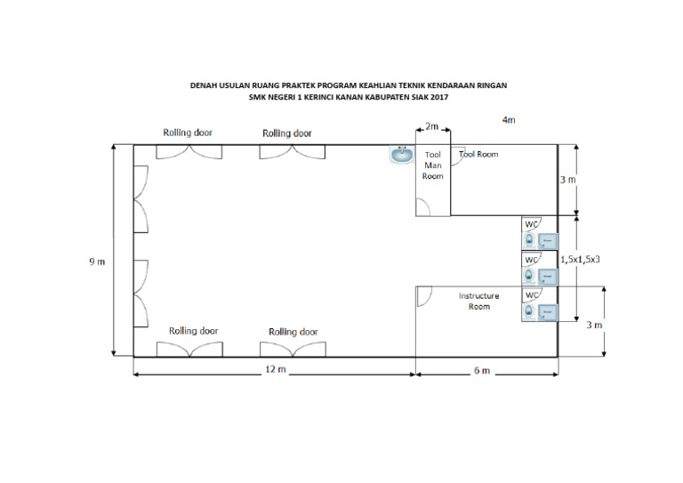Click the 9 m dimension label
(97, 262)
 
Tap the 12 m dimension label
(276, 369)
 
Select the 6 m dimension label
(482, 371)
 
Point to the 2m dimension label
(431, 126)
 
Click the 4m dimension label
(509, 120)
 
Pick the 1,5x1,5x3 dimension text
(580, 259)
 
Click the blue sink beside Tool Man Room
(401, 155)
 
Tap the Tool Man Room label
(432, 165)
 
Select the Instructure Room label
(478, 301)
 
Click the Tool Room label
(478, 154)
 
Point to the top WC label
(532, 224)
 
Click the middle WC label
(532, 260)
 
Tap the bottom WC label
(532, 295)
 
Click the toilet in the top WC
(529, 240)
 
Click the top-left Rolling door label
(188, 133)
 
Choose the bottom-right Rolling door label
(293, 332)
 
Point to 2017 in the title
(439, 97)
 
